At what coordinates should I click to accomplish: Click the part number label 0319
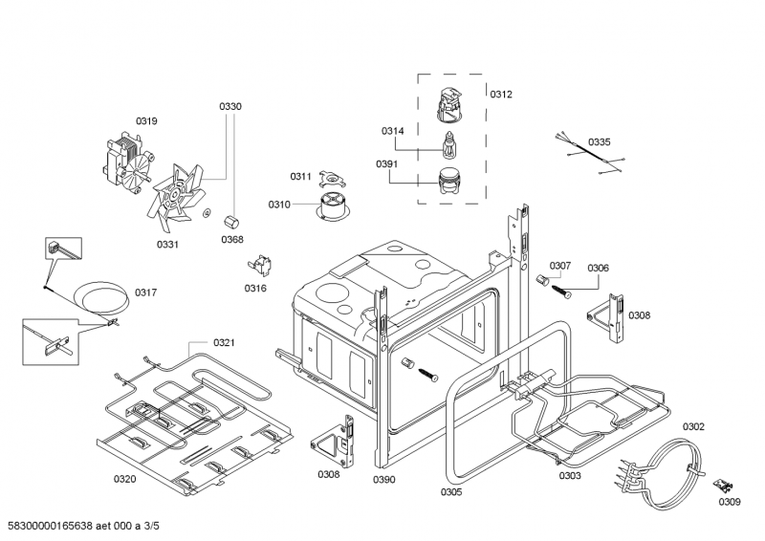tap(146, 120)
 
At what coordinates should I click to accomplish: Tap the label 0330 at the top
tap(229, 106)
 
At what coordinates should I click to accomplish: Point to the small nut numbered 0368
tap(230, 221)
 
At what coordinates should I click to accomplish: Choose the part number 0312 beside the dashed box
tap(501, 95)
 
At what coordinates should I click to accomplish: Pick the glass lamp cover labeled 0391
tap(446, 182)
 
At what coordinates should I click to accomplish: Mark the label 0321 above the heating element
tap(225, 342)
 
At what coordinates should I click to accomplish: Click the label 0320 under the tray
tap(125, 478)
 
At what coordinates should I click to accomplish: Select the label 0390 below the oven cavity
tap(383, 479)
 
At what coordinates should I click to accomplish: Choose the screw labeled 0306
tap(557, 286)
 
